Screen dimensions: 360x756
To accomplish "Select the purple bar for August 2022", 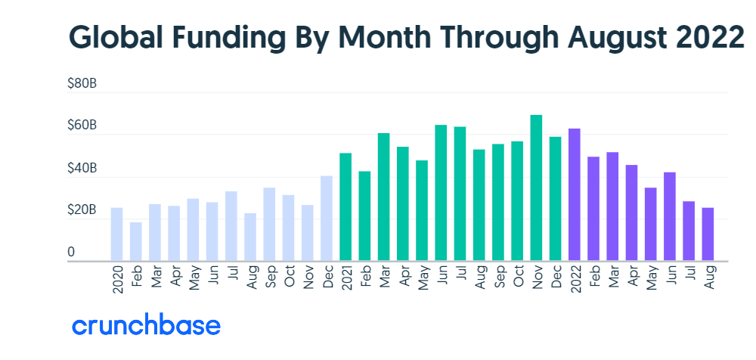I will coord(708,234).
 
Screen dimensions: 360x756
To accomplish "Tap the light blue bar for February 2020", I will coord(136,241).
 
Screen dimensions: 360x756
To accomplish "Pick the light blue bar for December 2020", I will coord(327,219).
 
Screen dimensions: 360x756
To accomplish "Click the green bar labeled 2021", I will coord(345,207).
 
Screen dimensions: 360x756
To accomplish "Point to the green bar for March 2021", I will coord(384,197).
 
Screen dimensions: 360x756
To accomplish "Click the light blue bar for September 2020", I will coord(269,224).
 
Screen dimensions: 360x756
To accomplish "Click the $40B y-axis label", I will coord(82,168).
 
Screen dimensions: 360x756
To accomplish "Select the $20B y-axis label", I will coord(82,209).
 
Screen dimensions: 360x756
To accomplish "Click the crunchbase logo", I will coord(147,326).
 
